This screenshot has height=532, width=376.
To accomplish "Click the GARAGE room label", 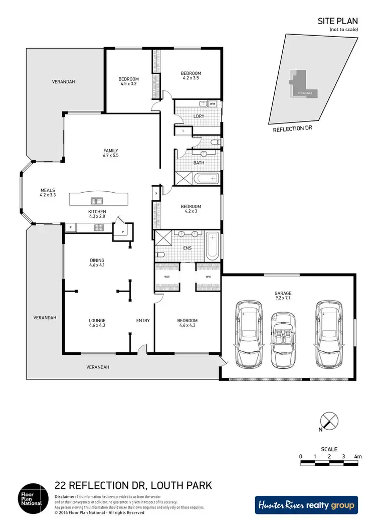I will (x=283, y=296).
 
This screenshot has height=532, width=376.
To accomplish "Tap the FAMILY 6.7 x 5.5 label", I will (x=110, y=153).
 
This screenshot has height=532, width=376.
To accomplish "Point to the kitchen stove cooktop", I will (x=99, y=228).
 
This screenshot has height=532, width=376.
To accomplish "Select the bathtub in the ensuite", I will (x=213, y=245).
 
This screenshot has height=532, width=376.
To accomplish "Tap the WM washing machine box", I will (x=212, y=104).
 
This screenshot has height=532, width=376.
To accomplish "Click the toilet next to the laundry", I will (x=215, y=143).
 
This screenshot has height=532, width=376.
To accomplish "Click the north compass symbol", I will (x=328, y=421).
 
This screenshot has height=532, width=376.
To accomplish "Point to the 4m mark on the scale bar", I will (x=357, y=456).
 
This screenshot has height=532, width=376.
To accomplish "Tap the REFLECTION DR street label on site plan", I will (x=292, y=129).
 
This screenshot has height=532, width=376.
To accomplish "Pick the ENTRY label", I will (x=143, y=321).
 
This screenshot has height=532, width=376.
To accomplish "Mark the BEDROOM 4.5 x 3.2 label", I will (x=128, y=81).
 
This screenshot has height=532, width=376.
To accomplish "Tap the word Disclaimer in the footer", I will (x=66, y=495).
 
